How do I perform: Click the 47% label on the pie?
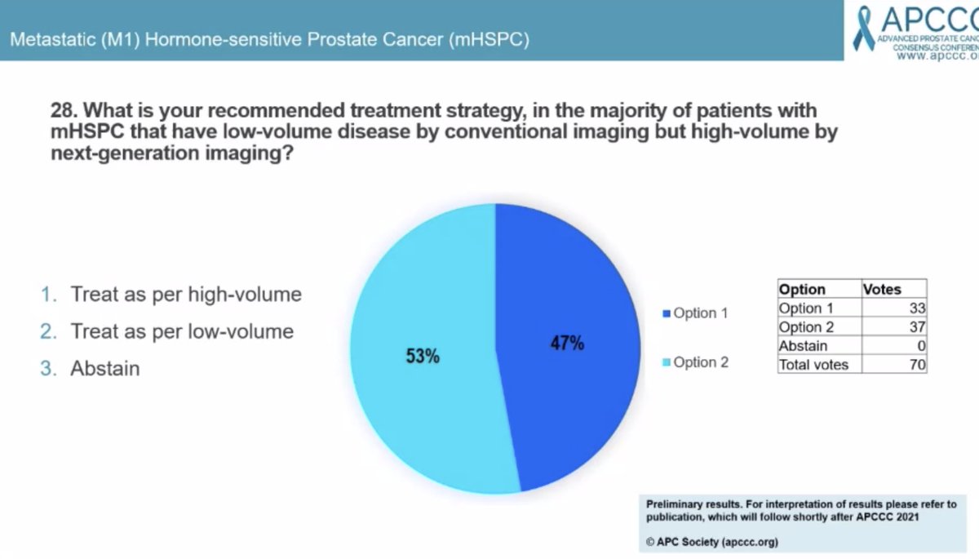pyautogui.click(x=566, y=344)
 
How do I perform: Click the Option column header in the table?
pyautogui.click(x=802, y=290)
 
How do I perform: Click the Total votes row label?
pyautogui.click(x=813, y=365)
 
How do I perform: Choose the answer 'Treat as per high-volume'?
pyautogui.click(x=186, y=295)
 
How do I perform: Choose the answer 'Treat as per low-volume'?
pyautogui.click(x=182, y=331)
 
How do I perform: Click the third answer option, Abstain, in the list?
pyautogui.click(x=105, y=368)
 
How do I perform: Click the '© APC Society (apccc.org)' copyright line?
pyautogui.click(x=712, y=542)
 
